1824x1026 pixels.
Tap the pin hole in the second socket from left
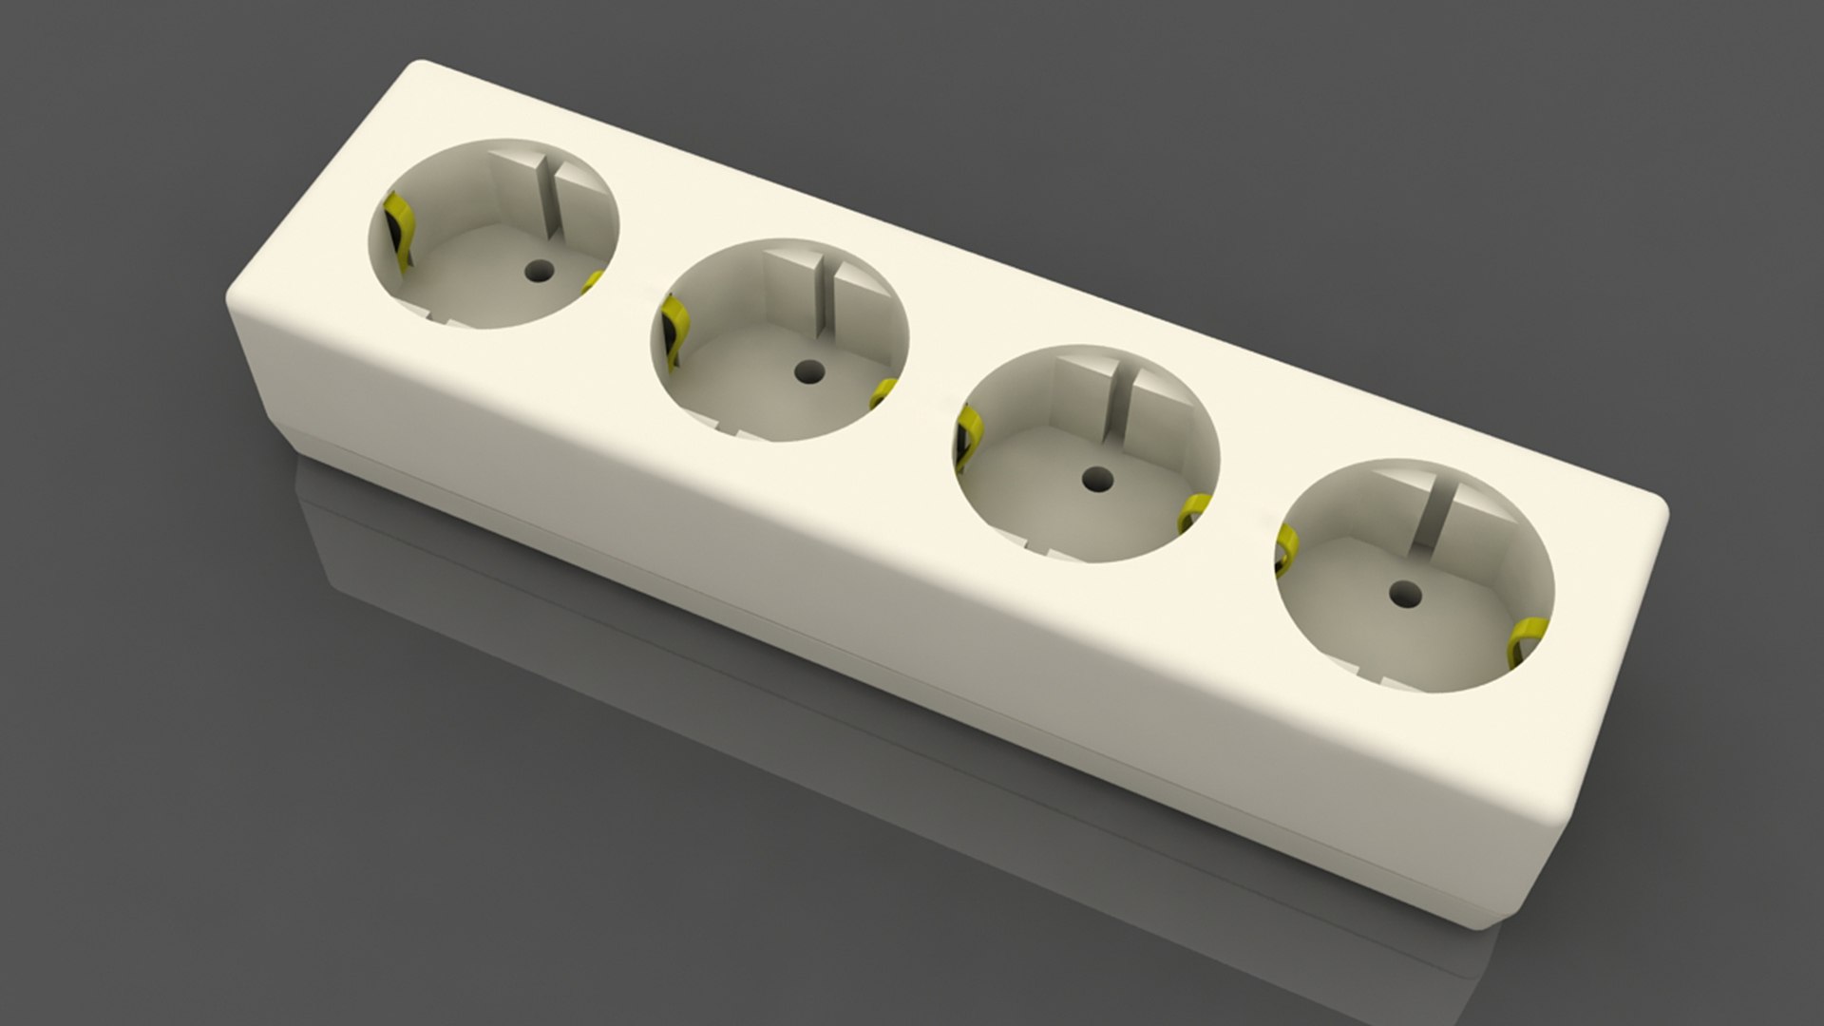[808, 370]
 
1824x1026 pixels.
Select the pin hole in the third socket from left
[1097, 476]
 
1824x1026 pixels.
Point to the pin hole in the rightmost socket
[1399, 595]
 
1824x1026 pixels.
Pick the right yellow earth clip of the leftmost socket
[595, 282]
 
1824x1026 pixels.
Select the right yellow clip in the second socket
[885, 390]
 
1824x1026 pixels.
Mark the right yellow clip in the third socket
[1194, 513]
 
